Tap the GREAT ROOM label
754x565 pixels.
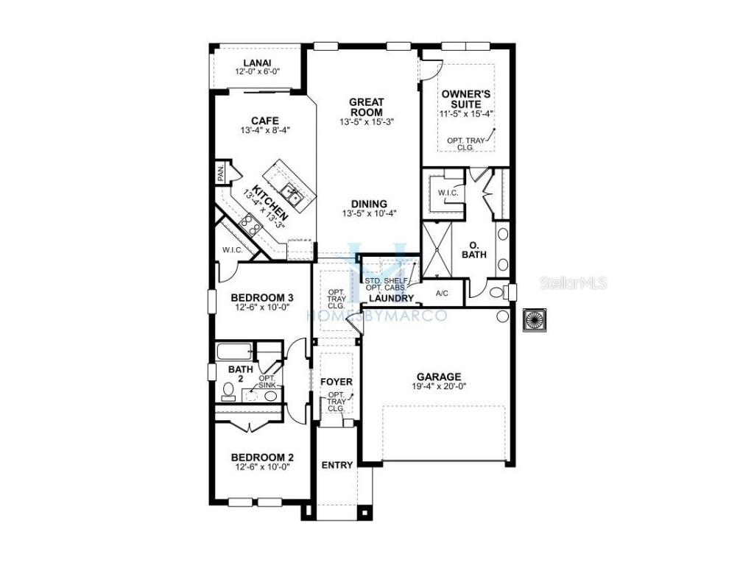point(367,107)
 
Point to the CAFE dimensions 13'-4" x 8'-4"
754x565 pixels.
point(264,130)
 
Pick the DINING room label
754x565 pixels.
point(369,204)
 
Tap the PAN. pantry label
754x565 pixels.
point(220,174)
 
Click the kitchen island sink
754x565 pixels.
point(293,196)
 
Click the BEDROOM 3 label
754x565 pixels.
point(262,297)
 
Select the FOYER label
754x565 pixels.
point(336,383)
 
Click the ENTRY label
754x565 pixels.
point(337,465)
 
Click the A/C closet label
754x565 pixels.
point(443,293)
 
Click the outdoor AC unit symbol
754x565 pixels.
point(533,320)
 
